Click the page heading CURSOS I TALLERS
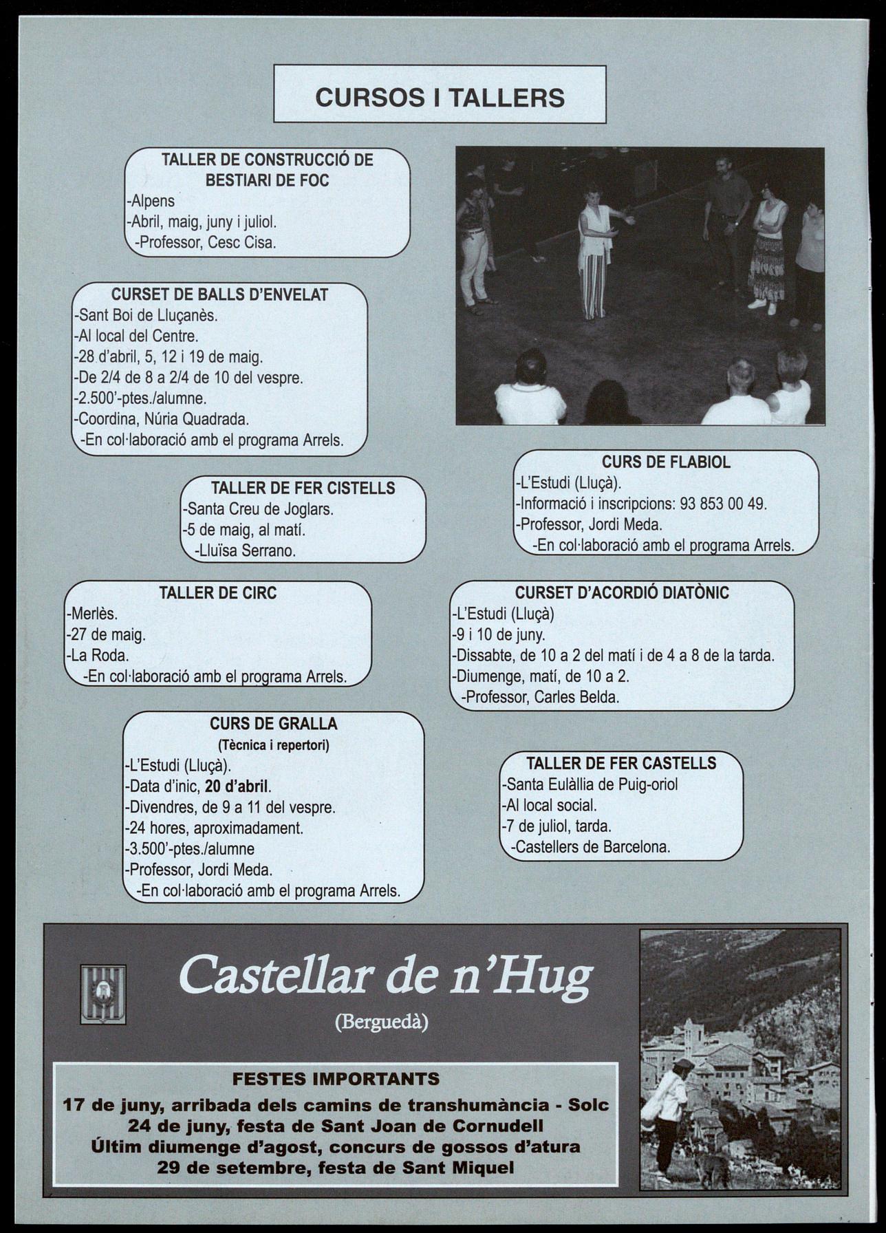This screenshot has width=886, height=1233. pos(440,98)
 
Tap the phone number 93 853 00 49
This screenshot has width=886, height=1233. pos(722,504)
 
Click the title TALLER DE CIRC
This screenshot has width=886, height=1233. pos(217,593)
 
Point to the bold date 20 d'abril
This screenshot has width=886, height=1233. pos(237,786)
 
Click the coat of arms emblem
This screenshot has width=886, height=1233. pos(103,994)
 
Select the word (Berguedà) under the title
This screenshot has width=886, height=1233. pos(381,1023)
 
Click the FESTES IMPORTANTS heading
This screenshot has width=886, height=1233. pos(336,1078)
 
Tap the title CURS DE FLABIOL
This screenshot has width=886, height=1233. pos(666,462)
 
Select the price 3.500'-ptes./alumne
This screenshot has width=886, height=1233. pos(191,849)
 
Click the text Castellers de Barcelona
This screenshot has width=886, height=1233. pos(592,847)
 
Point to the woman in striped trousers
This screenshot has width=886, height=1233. pos(594,255)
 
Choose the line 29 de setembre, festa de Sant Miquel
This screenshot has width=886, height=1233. pos(335,1168)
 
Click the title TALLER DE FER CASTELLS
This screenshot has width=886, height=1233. pos(621,763)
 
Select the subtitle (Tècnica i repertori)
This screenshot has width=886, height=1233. pos(273,745)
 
